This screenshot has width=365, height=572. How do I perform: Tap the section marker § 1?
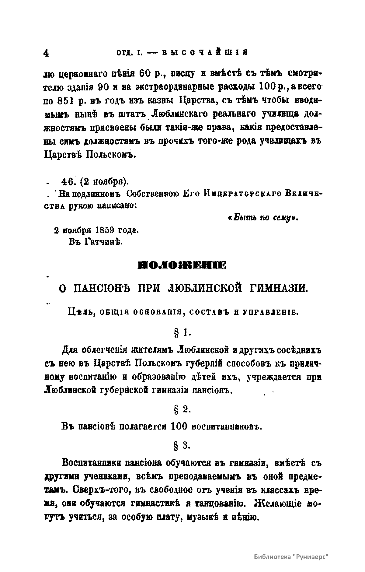coord(182,333)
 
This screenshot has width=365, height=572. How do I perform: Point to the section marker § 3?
coord(182,446)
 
